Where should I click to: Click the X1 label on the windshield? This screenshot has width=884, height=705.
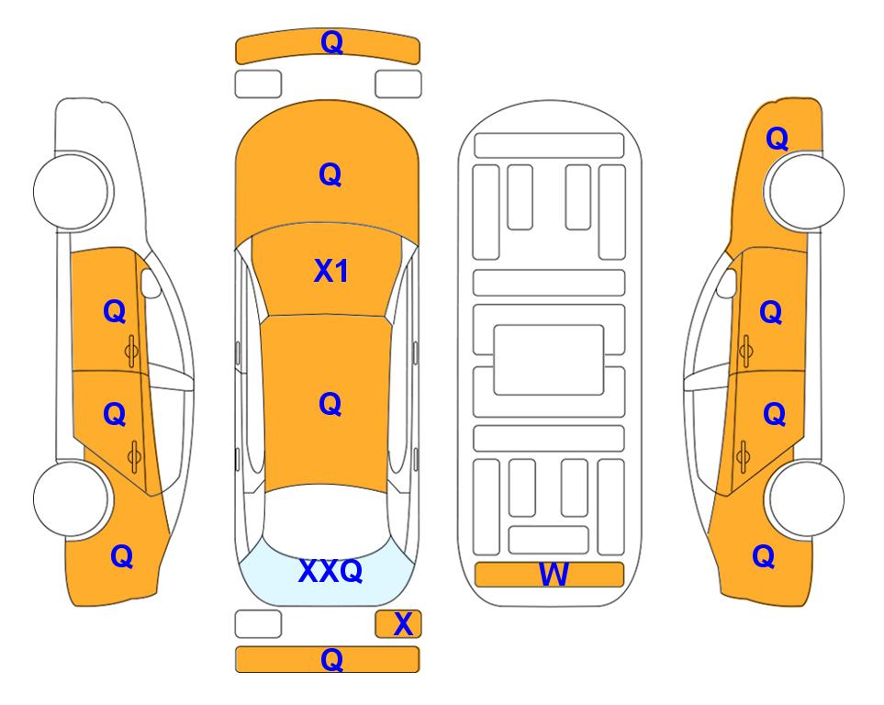pyautogui.click(x=331, y=272)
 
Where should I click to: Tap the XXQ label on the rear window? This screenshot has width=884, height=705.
pyautogui.click(x=330, y=571)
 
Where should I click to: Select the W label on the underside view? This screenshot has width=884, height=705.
pyautogui.click(x=554, y=575)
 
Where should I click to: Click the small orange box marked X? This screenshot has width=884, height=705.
pyautogui.click(x=398, y=624)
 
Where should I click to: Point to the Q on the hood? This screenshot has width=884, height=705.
pyautogui.click(x=330, y=174)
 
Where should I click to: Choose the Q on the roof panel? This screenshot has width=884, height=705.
pyautogui.click(x=330, y=404)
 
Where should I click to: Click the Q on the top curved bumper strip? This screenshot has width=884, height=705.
pyautogui.click(x=331, y=42)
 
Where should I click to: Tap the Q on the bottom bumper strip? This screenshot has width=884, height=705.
pyautogui.click(x=331, y=659)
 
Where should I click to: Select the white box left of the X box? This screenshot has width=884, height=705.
pyautogui.click(x=258, y=624)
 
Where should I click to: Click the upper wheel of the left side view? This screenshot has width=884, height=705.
pyautogui.click(x=72, y=191)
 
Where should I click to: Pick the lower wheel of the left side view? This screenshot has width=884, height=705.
pyautogui.click(x=72, y=498)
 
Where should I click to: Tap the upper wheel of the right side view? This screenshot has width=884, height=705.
pyautogui.click(x=806, y=191)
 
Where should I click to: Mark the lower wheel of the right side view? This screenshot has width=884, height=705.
pyautogui.click(x=806, y=498)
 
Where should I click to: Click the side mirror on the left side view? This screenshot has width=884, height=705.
pyautogui.click(x=151, y=284)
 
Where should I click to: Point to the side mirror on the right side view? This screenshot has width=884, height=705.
pyautogui.click(x=727, y=284)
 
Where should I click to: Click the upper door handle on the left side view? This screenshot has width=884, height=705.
pyautogui.click(x=132, y=351)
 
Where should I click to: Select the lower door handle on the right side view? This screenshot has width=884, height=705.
pyautogui.click(x=743, y=456)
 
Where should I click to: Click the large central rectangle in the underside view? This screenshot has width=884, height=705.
pyautogui.click(x=549, y=360)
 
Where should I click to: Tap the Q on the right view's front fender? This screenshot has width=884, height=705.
pyautogui.click(x=777, y=139)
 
